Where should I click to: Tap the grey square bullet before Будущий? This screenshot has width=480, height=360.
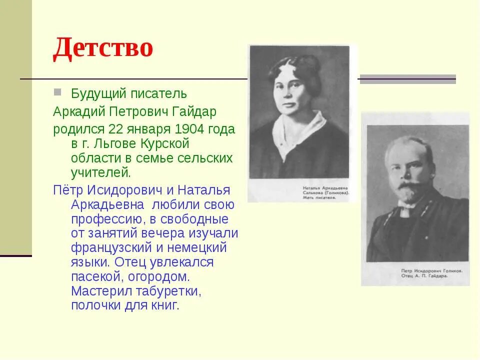[57, 92]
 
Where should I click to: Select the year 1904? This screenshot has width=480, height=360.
[189, 129]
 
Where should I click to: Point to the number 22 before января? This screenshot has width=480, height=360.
[116, 129]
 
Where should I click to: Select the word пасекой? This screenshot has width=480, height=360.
[95, 276]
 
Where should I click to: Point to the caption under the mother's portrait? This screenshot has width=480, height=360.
[325, 192]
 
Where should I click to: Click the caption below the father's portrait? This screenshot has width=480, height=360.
[431, 273]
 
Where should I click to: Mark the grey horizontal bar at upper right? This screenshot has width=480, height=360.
[407, 79]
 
